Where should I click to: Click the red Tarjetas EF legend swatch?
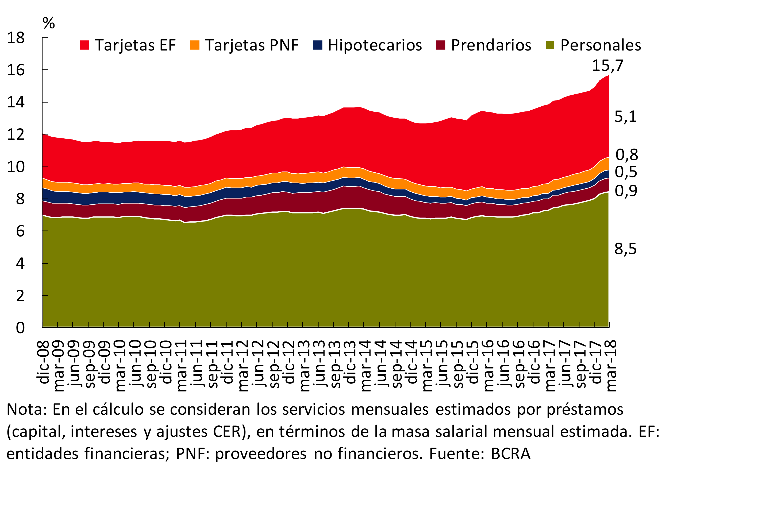(x=84, y=45)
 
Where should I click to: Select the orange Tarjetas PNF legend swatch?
(x=195, y=45)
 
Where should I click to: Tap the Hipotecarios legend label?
(x=375, y=45)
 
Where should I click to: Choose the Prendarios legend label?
(x=491, y=45)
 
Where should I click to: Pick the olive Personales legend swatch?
(x=550, y=45)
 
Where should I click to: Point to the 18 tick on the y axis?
(x=16, y=38)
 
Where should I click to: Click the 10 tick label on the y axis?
(x=16, y=167)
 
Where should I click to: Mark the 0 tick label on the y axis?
(x=20, y=328)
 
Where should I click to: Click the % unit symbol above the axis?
(x=49, y=23)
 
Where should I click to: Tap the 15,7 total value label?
(x=607, y=66)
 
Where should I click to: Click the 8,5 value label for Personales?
(x=625, y=249)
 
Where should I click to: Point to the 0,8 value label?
(x=626, y=155)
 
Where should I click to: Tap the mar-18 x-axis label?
(x=611, y=366)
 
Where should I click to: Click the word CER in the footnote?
(x=227, y=432)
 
